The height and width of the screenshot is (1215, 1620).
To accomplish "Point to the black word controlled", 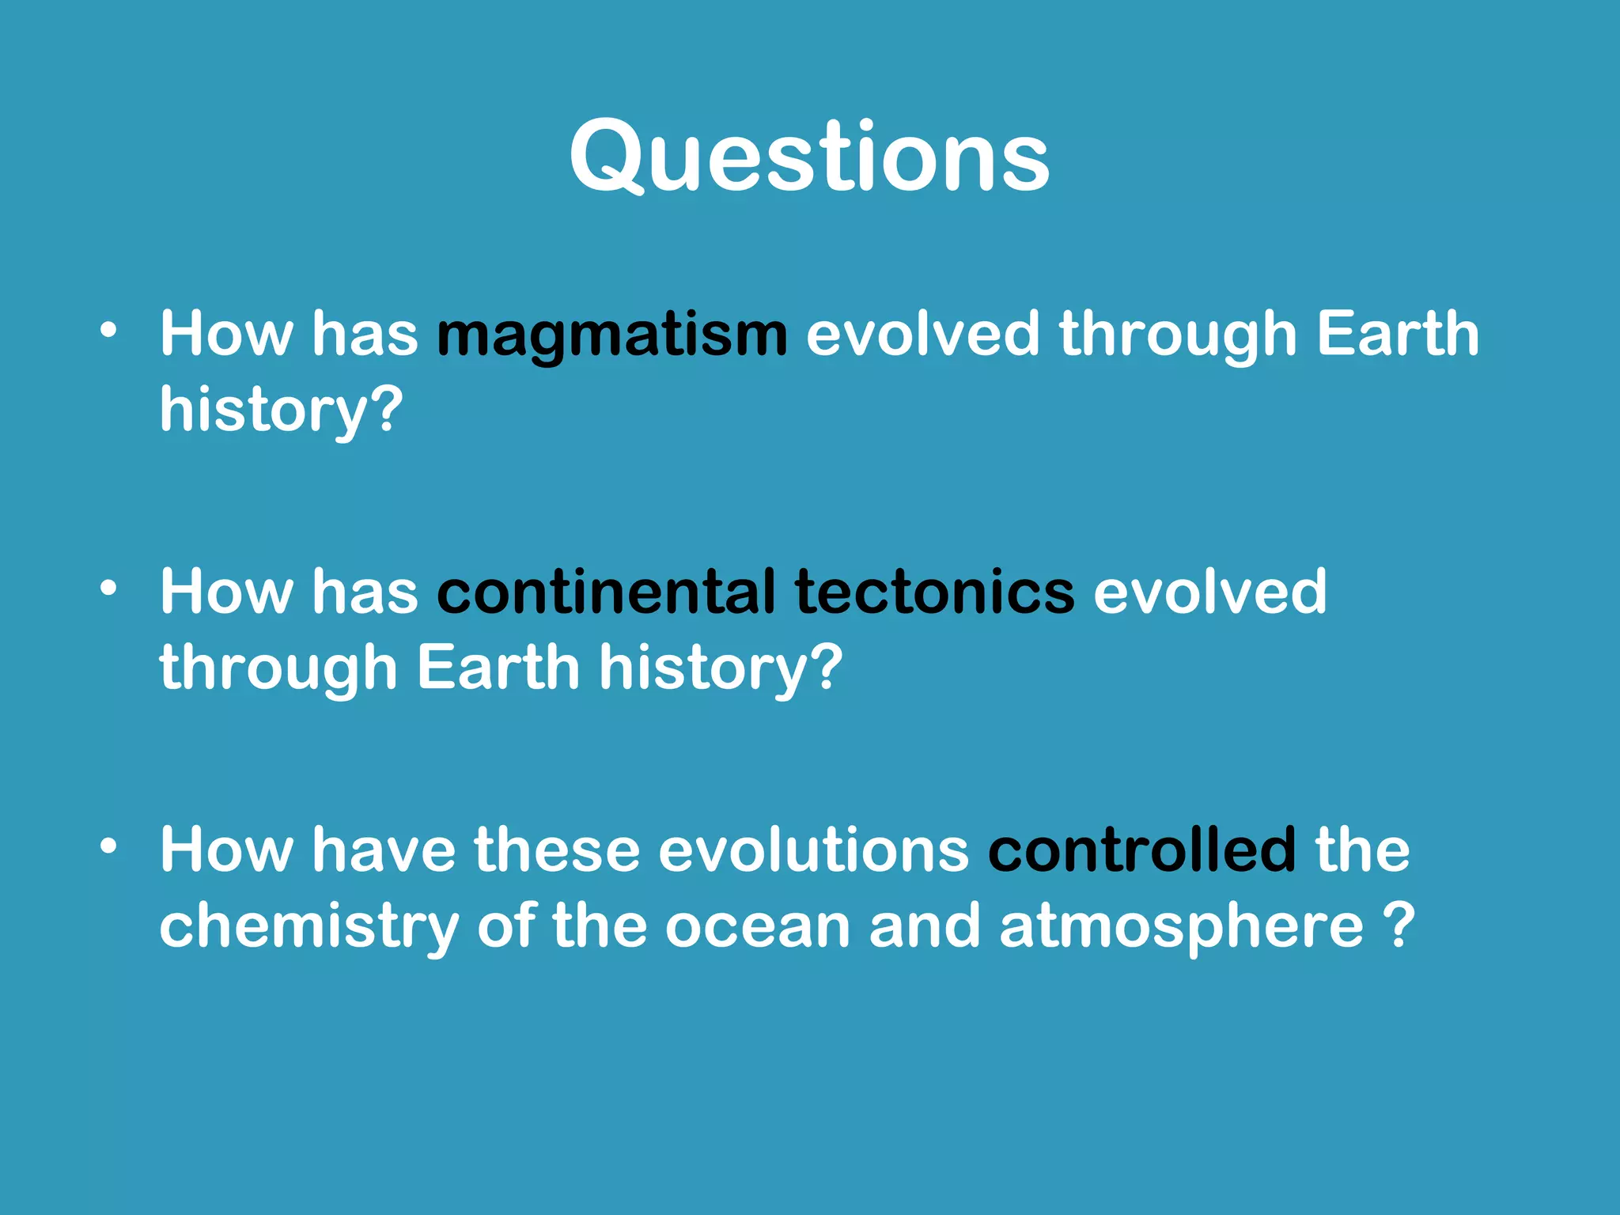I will (1141, 850).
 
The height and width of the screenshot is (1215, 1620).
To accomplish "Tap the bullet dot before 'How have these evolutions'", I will (108, 846).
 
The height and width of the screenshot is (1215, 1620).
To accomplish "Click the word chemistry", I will (308, 927).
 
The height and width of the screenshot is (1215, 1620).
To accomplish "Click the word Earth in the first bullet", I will (1398, 334).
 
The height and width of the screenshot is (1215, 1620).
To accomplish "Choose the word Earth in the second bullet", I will (498, 668).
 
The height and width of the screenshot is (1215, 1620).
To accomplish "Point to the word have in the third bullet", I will (384, 850).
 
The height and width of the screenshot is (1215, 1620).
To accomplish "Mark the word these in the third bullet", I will (556, 850).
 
